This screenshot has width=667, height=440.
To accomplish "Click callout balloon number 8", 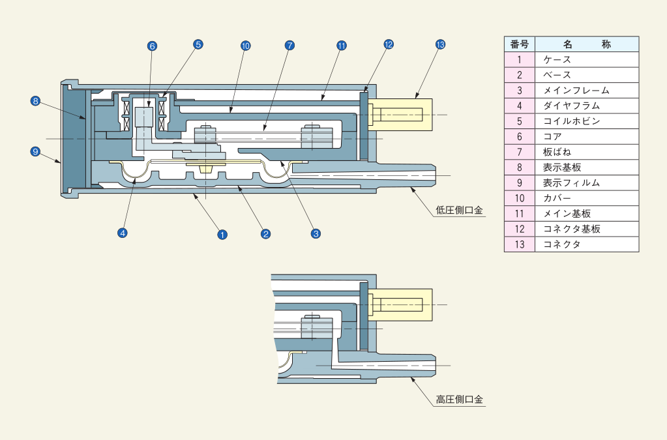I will (x=36, y=101).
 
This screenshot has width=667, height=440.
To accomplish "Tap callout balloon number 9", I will (x=36, y=151).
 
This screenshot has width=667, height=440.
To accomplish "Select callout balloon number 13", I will (x=440, y=44).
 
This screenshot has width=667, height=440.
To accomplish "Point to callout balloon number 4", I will (x=122, y=231).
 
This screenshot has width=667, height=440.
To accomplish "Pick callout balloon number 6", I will (x=152, y=46).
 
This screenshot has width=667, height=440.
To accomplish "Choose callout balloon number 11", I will (x=341, y=46).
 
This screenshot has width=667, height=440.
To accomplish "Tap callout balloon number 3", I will (x=316, y=233).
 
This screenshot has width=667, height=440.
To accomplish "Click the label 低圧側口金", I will (x=460, y=211).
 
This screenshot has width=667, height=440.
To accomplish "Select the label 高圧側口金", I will (x=460, y=400).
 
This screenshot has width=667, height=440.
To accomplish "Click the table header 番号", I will (x=520, y=44).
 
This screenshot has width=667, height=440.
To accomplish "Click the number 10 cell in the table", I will (x=520, y=198).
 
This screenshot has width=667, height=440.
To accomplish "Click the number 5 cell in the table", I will (x=520, y=121).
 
